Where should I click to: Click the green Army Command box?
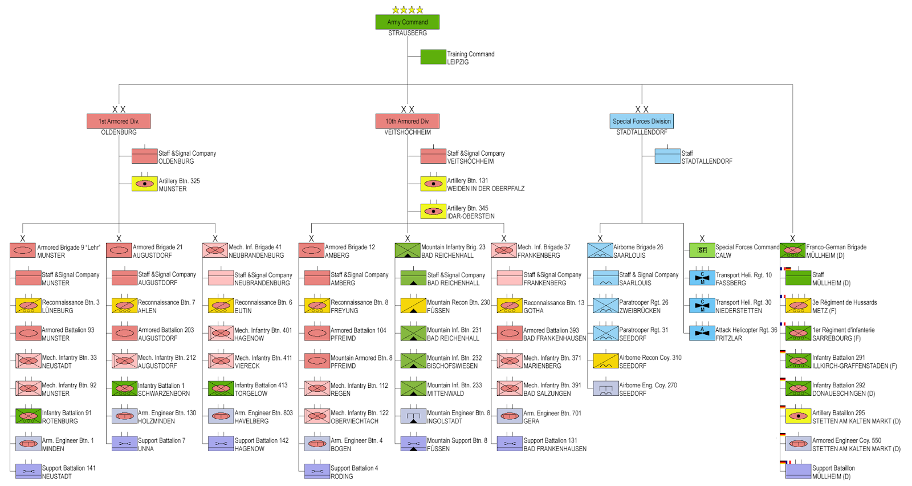(407, 22)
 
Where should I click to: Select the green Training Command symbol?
(433, 57)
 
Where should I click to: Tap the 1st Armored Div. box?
(119, 121)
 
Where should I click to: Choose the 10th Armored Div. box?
(408, 121)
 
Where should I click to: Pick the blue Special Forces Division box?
(642, 121)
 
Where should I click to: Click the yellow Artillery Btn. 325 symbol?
(145, 184)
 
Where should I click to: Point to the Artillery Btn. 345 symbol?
(433, 212)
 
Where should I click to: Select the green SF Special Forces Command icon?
(702, 250)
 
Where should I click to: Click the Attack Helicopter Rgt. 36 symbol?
(702, 333)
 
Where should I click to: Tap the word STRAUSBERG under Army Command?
(408, 33)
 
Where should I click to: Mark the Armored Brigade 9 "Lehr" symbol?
(23, 250)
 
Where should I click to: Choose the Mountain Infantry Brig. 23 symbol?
(408, 250)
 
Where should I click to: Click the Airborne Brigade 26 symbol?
(600, 250)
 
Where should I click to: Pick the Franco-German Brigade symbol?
(792, 250)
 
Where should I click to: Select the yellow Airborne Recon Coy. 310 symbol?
(606, 361)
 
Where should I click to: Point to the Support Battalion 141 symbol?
(28, 471)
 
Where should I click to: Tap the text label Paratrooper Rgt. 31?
(644, 330)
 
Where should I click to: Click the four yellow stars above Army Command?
(408, 10)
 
